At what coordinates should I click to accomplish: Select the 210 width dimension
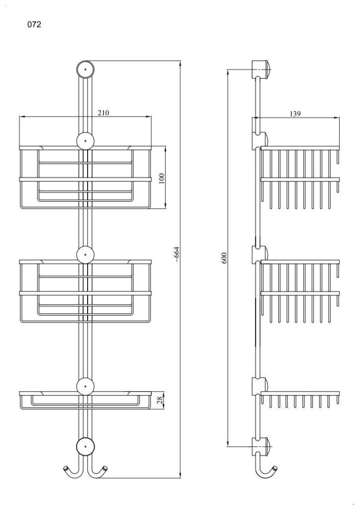pos(104,113)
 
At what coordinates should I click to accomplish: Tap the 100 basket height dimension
pos(161,178)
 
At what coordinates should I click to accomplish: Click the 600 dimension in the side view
pos(224,257)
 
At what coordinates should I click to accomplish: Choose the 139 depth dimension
pos(295,114)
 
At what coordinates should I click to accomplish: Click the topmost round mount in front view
pos(86,69)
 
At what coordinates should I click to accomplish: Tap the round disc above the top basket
pos(86,140)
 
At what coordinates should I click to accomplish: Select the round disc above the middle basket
pos(86,254)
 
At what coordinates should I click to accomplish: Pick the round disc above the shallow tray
pos(86,386)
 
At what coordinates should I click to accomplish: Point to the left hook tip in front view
pos(65,469)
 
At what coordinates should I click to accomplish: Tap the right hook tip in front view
pos(106,469)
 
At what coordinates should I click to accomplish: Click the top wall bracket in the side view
pos(261,68)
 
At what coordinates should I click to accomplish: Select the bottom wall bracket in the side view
pos(261,445)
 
